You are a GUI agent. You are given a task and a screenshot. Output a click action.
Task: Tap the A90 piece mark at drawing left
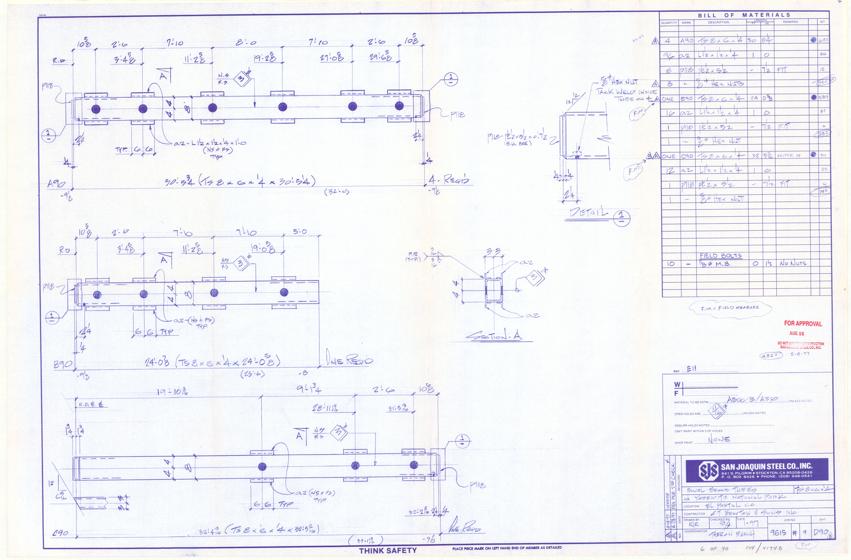coord(56,184)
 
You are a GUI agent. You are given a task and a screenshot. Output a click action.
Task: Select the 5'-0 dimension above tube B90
coord(300,232)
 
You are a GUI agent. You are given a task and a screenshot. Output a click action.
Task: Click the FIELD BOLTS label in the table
coord(720,256)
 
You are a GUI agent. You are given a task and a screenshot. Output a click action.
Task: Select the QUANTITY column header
coord(669,22)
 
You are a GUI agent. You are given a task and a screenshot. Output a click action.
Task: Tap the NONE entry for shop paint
coord(719,439)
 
